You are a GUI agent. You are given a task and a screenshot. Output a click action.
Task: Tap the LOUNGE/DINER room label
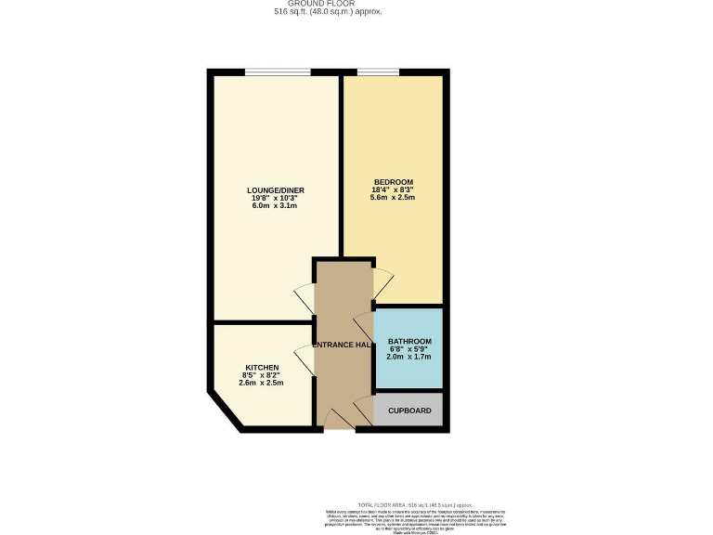click(278, 190)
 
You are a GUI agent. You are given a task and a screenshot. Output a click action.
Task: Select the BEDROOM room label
click(393, 182)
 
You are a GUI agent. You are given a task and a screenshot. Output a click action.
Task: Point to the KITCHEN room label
click(262, 367)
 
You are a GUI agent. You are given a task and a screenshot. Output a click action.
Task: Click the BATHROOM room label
click(409, 341)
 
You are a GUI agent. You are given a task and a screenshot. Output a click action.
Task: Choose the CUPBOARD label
click(409, 410)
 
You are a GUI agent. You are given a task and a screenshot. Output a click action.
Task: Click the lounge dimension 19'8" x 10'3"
click(278, 198)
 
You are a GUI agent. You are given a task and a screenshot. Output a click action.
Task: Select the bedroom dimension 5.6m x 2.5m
click(393, 198)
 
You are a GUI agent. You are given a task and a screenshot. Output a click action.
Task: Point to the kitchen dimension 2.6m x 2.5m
click(262, 383)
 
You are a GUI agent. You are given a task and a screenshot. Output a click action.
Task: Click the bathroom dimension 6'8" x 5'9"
click(409, 349)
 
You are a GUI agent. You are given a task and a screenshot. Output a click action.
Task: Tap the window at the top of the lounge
click(278, 72)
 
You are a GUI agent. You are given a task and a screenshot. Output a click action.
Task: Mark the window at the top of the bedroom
click(378, 72)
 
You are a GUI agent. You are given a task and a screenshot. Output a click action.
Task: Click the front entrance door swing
click(339, 419)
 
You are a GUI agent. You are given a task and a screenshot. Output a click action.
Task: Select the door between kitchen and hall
click(305, 358)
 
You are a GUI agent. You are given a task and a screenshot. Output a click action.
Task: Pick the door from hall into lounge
click(305, 298)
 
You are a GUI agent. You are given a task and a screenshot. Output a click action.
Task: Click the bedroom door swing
click(382, 278)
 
